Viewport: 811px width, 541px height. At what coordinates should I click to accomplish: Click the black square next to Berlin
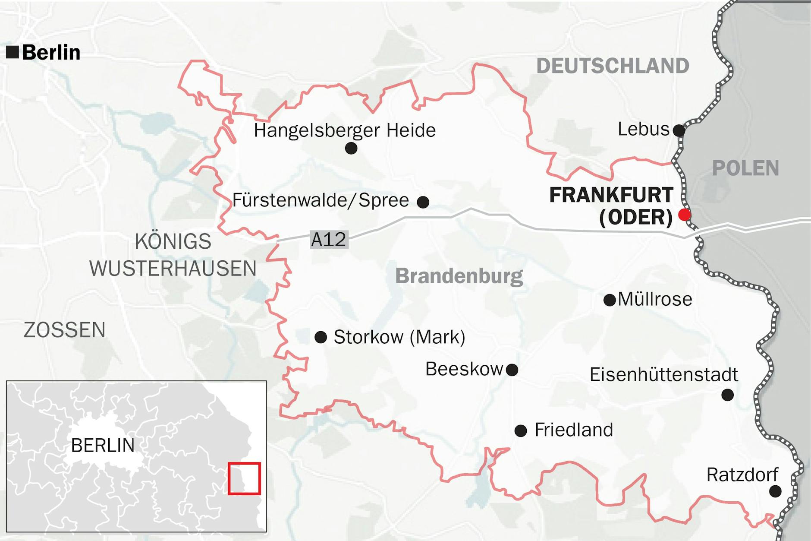[13, 52]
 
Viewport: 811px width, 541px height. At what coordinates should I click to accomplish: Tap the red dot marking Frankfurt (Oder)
[684, 215]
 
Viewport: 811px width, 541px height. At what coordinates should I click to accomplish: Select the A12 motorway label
[329, 240]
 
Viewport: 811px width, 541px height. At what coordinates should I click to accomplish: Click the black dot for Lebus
[679, 130]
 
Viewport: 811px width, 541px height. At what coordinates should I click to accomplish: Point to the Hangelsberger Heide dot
[351, 149]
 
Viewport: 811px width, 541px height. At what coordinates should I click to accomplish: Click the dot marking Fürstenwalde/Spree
[423, 202]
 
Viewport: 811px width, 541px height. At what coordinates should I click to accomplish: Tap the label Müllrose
[654, 299]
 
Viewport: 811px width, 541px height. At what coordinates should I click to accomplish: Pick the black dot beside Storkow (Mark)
[321, 337]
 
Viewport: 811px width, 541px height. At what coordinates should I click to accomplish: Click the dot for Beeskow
[512, 370]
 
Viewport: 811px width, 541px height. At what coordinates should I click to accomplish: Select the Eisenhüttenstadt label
[663, 375]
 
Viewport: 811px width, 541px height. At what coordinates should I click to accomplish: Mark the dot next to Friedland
[521, 430]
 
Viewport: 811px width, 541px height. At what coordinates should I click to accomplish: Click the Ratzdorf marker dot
[775, 491]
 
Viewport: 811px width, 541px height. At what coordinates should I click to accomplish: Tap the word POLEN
[745, 168]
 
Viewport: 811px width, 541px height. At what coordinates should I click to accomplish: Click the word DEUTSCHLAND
[613, 66]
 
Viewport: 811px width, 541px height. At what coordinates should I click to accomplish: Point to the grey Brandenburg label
[459, 276]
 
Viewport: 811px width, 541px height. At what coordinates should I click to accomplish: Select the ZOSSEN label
[65, 330]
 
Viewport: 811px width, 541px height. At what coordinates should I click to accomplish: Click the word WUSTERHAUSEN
[173, 269]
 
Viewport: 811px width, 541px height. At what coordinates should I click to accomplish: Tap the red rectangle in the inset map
[244, 478]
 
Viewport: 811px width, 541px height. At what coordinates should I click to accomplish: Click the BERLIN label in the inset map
[103, 446]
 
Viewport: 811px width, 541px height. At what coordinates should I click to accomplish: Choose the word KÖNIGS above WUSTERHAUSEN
[173, 241]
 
